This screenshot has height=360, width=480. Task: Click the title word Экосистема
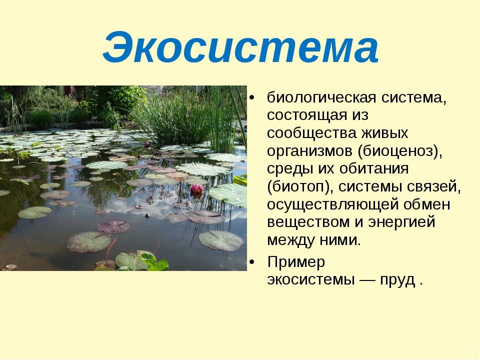240,47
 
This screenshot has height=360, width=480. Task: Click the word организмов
309,151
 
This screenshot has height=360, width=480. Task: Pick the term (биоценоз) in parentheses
400,151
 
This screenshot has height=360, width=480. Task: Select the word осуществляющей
332,204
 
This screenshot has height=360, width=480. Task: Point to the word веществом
308,222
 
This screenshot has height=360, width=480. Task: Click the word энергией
401,222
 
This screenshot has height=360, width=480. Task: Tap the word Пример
295,262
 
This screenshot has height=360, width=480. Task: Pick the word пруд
397,280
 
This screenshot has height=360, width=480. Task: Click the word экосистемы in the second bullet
310,280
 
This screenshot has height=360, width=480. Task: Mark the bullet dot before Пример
251,262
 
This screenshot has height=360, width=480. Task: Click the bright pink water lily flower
197,189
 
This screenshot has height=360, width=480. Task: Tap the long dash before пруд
367,280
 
